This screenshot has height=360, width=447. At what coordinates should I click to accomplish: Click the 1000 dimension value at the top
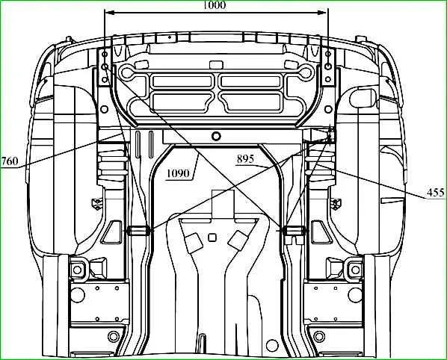point(215,4)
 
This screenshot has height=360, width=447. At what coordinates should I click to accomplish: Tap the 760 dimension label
point(10,161)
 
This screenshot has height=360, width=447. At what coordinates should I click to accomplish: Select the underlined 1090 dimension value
point(178,173)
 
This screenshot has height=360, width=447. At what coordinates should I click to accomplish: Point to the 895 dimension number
point(245,159)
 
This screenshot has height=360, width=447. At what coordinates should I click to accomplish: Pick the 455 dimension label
point(436,193)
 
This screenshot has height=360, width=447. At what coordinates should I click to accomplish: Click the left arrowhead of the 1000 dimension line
point(110,13)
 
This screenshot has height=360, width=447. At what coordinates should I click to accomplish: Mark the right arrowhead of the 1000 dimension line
point(321,13)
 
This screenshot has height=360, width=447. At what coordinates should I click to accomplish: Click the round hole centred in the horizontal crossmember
point(216,136)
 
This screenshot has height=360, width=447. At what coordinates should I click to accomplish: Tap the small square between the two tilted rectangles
point(212,238)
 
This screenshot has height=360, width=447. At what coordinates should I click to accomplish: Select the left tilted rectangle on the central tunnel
point(194,242)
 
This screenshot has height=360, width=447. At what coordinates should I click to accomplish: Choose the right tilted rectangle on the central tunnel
point(238,239)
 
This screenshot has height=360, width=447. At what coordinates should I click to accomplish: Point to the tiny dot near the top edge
point(170,37)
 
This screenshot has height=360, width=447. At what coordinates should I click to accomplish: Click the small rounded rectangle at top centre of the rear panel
point(216,64)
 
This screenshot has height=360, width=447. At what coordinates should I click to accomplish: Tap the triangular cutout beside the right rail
point(322,232)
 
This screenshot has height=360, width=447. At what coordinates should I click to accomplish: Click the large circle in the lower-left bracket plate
point(78,295)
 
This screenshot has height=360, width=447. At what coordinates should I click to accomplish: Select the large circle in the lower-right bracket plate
point(355,295)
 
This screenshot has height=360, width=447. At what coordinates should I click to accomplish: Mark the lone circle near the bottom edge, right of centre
point(272,346)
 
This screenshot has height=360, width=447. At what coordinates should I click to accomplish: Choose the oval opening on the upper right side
point(363,99)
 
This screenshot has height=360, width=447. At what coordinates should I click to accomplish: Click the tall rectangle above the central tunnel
point(223,204)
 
